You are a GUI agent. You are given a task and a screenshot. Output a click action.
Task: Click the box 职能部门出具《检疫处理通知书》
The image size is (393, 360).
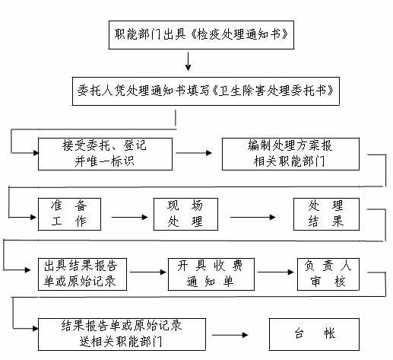pyautogui.click(x=201, y=35)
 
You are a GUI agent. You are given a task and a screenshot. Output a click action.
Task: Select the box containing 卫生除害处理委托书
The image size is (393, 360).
pyautogui.click(x=206, y=91)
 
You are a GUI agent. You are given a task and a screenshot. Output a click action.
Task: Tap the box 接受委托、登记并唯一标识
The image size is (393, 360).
pyautogui.click(x=105, y=154)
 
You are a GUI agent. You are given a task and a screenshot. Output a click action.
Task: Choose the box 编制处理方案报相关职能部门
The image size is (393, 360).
pyautogui.click(x=290, y=154)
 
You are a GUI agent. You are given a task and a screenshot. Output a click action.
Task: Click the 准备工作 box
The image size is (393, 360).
pyautogui.click(x=69, y=215)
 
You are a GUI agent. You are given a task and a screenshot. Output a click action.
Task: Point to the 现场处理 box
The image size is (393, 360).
pyautogui.click(x=185, y=215)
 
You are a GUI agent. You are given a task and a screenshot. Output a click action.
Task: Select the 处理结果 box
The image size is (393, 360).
pyautogui.click(x=326, y=215)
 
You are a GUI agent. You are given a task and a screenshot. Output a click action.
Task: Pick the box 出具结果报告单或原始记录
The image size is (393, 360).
pyautogui.click(x=82, y=274)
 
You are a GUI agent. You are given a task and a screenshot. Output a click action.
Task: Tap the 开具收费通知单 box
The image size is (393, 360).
pyautogui.click(x=211, y=274)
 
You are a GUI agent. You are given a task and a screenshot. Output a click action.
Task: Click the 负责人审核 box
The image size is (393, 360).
pyautogui.click(x=328, y=274)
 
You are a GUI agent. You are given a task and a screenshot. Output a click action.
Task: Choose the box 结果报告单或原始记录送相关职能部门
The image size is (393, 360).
pyautogui.click(x=122, y=334)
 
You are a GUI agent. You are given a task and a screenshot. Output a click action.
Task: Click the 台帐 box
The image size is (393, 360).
pyautogui.click(x=314, y=334)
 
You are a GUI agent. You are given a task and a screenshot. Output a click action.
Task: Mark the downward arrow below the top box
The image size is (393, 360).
pyautogui.click(x=188, y=62)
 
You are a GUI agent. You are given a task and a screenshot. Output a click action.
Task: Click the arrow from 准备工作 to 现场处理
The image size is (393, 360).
pyautogui.click(x=129, y=217)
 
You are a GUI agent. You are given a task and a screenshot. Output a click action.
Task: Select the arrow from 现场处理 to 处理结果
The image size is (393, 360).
pyautogui.click(x=252, y=217)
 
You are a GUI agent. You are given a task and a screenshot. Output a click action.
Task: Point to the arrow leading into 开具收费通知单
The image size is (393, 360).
pyautogui.click(x=148, y=272)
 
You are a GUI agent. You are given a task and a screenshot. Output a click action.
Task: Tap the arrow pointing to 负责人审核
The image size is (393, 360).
pyautogui.click(x=275, y=272)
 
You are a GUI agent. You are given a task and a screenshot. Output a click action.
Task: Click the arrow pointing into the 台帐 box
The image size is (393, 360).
pyautogui.click(x=230, y=335)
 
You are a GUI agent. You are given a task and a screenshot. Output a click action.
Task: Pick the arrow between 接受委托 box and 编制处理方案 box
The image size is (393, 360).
pyautogui.click(x=194, y=153)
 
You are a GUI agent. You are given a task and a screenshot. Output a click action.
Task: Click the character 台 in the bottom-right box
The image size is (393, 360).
pyautogui.click(x=300, y=333)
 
